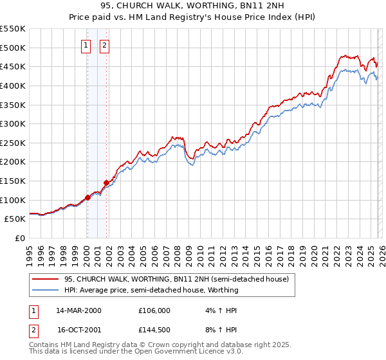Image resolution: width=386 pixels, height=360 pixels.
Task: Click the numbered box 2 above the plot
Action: pyautogui.click(x=105, y=45)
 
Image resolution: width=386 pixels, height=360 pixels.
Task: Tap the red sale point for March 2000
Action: pyautogui.click(x=87, y=197)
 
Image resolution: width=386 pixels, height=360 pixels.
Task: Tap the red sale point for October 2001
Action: pyautogui.click(x=106, y=183)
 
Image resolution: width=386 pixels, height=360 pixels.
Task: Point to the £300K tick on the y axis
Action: pyautogui.click(x=13, y=123)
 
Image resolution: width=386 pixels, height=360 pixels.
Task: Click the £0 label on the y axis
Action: pyautogui.click(x=19, y=238)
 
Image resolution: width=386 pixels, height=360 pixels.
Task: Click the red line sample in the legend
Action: pyautogui.click(x=45, y=279)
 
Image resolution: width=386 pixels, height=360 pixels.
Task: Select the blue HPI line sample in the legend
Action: pyautogui.click(x=45, y=290)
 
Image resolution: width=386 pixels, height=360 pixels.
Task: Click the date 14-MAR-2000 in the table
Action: pyautogui.click(x=78, y=310)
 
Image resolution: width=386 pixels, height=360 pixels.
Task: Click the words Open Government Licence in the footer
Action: pyautogui.click(x=181, y=352)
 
